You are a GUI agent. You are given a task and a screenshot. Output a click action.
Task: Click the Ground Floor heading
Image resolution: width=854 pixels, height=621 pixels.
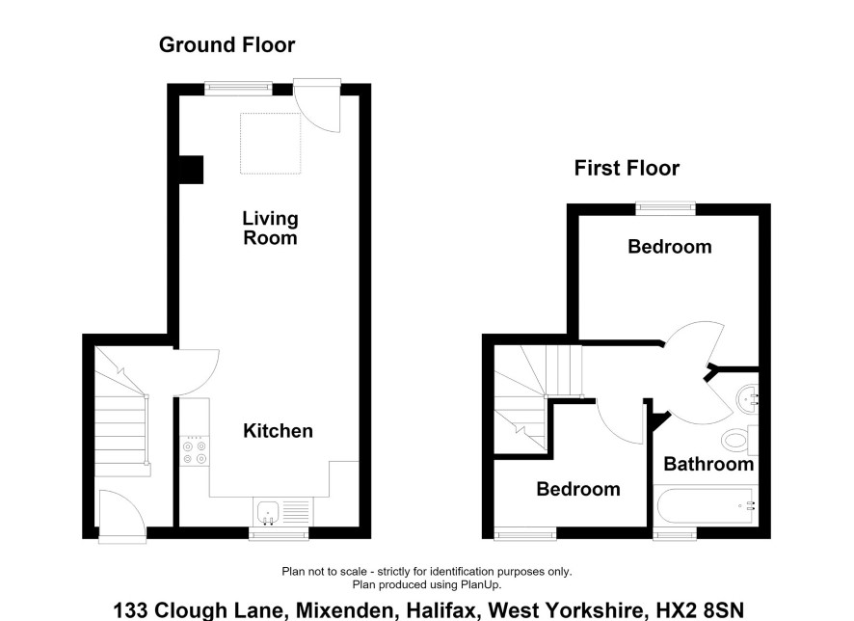227,44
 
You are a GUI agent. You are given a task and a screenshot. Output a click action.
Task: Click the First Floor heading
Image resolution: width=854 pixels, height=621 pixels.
627,168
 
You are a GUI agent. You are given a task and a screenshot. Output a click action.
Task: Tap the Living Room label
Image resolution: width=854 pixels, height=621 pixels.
270,229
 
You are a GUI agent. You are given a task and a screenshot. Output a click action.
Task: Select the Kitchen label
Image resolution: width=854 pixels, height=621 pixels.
278,431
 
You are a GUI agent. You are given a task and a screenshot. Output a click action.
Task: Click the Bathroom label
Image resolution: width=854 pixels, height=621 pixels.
708,464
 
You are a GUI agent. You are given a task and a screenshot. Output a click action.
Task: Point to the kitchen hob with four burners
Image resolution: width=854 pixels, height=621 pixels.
195,451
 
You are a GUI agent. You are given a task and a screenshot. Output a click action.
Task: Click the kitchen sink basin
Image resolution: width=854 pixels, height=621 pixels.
268,512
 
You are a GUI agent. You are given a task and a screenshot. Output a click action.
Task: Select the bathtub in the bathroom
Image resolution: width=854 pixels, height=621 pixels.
706,506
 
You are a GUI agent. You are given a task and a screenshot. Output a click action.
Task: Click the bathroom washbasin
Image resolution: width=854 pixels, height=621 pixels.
747,399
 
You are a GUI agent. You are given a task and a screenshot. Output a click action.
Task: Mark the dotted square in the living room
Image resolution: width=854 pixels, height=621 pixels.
271,144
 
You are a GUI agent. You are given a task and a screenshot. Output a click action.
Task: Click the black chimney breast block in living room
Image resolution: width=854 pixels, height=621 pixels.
191,170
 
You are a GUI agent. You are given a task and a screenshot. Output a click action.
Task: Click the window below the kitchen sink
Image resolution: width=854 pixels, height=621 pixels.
279,534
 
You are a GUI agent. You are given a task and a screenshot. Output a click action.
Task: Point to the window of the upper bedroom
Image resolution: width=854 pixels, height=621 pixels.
665,208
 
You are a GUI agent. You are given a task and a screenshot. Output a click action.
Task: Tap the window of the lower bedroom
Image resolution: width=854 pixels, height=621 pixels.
525,534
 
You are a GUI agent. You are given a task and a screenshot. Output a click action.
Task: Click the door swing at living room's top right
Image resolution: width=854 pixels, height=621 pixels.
317,105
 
